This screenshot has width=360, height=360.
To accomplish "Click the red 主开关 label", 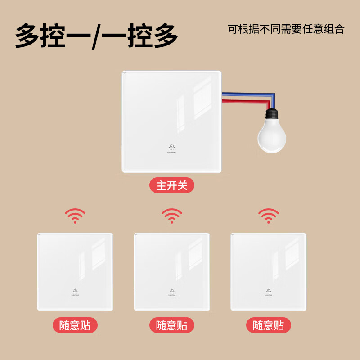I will coord(172,185).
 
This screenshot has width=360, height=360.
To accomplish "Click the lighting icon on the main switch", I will coord(172,147).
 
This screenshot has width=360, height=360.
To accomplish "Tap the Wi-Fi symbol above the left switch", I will coord(75,216).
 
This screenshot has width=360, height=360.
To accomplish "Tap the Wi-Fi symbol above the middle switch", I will coord(172,216).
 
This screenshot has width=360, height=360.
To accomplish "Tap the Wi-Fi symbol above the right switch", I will coord(269,216).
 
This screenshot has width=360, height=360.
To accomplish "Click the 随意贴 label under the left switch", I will coord(75,325).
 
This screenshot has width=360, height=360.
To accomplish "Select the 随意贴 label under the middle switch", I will coord(172,325).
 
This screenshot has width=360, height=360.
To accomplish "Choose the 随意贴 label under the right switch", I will coord(269,325).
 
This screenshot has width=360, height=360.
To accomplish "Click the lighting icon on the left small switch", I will coord(75,291).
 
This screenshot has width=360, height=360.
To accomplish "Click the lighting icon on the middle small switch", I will coord(172,291).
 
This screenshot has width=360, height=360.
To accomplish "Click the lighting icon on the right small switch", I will coord(269,291).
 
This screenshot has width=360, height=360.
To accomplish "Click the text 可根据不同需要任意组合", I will coord(286,29).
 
